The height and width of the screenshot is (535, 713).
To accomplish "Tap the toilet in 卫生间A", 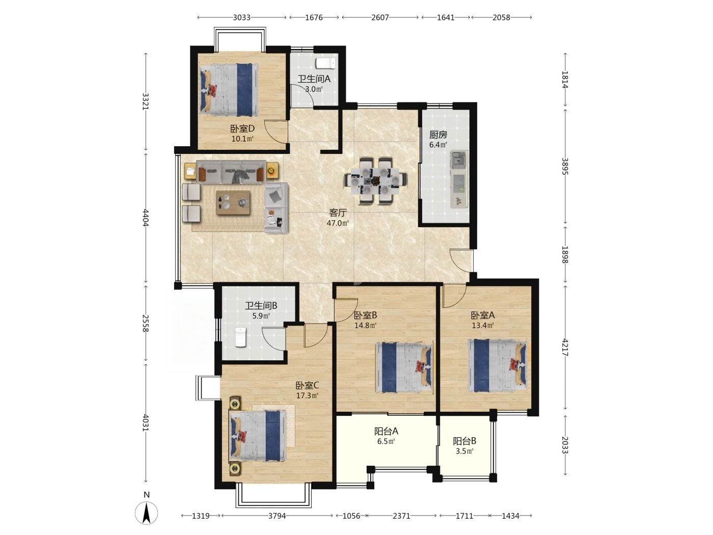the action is [325, 63].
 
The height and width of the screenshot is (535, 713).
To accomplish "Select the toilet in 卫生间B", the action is [240, 337].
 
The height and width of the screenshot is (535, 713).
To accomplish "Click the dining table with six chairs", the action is [375, 180].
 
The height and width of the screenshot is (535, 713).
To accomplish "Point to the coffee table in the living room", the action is [233, 202].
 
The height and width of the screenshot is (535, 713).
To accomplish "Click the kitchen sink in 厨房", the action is [458, 160].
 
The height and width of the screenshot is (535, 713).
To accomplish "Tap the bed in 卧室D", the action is [229, 90].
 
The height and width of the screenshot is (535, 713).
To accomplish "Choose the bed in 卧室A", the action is [497, 366].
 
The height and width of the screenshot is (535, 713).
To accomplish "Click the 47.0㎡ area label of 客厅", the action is [338, 223].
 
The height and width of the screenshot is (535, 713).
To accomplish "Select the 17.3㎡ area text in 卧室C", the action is [307, 396].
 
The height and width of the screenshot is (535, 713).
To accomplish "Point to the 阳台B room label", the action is [464, 441].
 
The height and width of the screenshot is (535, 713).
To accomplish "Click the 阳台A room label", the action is [386, 431].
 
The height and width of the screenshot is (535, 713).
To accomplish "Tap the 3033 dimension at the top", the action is [241, 17].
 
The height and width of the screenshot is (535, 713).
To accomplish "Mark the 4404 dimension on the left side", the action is [146, 218].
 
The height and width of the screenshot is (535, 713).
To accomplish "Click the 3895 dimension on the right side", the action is [565, 167].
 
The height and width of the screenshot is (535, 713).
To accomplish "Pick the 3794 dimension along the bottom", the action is [277, 516].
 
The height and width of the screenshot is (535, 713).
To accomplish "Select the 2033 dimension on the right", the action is [565, 445].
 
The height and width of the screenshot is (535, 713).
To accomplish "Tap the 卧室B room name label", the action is [365, 315].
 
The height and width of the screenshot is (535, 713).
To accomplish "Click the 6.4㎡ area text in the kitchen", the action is [438, 145].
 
